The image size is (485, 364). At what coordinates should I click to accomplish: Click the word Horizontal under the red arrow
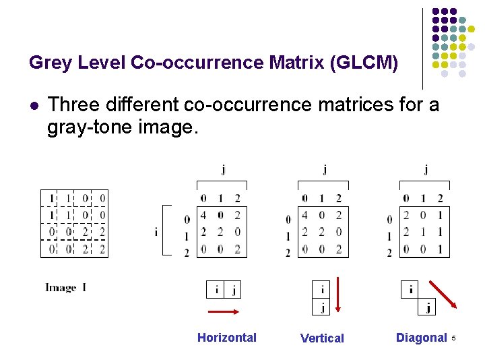(x=226, y=338)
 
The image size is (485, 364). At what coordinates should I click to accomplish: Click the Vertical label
(x=322, y=338)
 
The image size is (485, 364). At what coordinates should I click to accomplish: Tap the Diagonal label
(x=421, y=338)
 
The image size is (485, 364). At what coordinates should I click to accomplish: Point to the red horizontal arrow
(x=224, y=311)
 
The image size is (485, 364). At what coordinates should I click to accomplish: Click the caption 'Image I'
(x=65, y=288)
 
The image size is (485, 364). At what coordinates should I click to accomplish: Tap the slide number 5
(x=454, y=337)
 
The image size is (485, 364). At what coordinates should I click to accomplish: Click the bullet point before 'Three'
(x=33, y=106)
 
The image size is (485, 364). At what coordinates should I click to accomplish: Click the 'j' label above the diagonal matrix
(x=425, y=170)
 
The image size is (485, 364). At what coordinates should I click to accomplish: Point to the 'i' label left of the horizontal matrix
(x=156, y=232)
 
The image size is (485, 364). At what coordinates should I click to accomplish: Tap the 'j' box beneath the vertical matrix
(x=323, y=307)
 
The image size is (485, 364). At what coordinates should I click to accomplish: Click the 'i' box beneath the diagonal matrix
(x=411, y=290)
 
